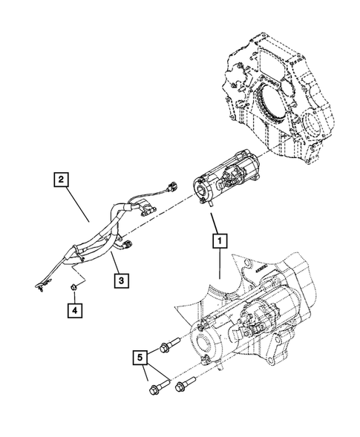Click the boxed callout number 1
point(219,240)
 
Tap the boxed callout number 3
point(119,280)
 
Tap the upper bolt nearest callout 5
point(168,344)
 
